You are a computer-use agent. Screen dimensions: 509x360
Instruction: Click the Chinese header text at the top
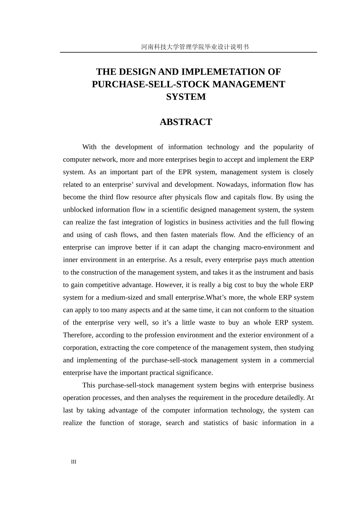[x=195, y=47]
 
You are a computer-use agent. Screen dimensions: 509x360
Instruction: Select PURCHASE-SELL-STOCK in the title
[x=146, y=84]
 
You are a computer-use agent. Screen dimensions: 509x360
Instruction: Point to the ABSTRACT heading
[x=186, y=122]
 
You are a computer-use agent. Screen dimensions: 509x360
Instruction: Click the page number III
[x=74, y=462]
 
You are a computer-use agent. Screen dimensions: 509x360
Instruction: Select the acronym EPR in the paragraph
[x=183, y=172]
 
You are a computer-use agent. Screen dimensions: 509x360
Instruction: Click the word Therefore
[x=77, y=335]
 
